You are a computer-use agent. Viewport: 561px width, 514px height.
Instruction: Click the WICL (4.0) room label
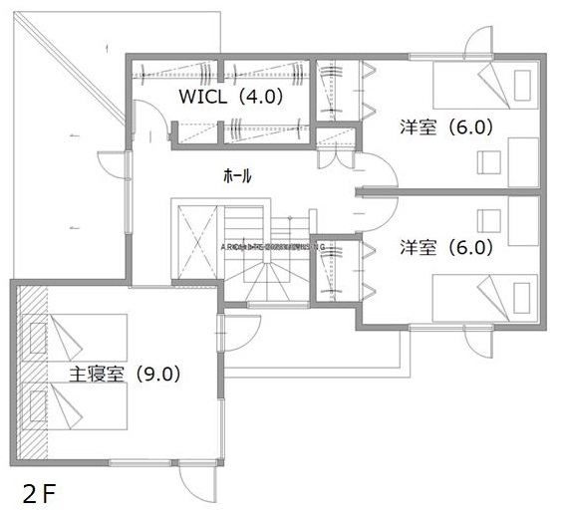pos(231,97)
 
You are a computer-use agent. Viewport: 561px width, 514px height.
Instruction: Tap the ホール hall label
pos(237,175)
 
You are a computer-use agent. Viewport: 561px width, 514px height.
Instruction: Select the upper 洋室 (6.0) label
pos(446,128)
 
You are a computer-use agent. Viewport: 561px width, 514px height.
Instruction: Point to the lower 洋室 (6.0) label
pos(446,247)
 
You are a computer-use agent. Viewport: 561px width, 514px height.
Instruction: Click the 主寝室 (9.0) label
pos(124,375)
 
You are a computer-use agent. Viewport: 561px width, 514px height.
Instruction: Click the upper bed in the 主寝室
pos(76,339)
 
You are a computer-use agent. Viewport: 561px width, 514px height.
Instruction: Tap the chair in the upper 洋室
pos(487,161)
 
